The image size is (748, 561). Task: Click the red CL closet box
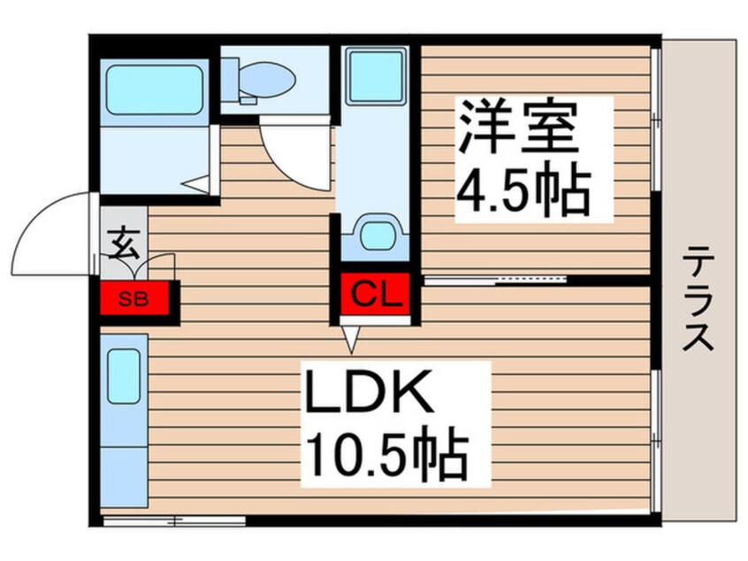[x=372, y=292]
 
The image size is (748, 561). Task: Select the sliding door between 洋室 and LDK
[x=495, y=280]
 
